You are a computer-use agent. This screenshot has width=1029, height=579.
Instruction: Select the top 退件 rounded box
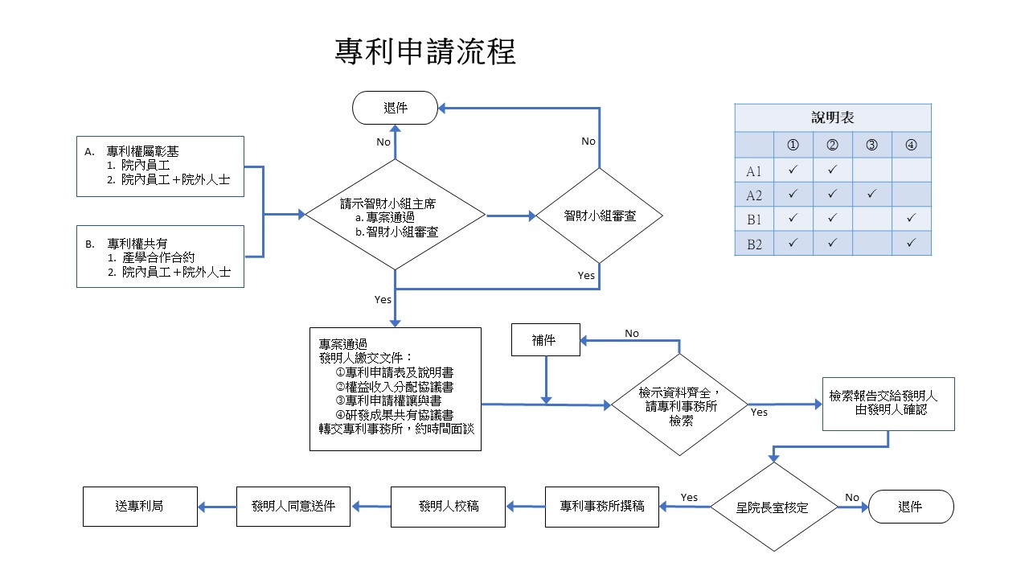[396, 108]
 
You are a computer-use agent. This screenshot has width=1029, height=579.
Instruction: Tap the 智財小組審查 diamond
[599, 216]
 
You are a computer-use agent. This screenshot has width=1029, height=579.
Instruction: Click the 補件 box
[545, 339]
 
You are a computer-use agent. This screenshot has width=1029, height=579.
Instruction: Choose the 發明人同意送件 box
[293, 507]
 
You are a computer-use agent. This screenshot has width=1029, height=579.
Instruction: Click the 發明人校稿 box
[448, 507]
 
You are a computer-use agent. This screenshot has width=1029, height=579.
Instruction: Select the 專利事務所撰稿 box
[601, 507]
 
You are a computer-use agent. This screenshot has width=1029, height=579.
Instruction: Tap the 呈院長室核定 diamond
[773, 507]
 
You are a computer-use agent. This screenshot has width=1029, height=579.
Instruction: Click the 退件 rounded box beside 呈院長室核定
[911, 507]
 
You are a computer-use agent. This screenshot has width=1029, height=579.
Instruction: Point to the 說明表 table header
[833, 117]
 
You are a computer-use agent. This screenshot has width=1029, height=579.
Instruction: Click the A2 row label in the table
[754, 195]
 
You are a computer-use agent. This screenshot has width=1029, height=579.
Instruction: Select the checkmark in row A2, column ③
[872, 195]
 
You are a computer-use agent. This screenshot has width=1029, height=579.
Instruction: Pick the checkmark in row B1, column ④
[911, 219]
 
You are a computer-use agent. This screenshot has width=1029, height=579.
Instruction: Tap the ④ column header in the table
[911, 146]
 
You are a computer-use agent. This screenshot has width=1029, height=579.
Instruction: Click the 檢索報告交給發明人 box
[888, 404]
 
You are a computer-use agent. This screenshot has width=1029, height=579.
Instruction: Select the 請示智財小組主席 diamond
[395, 216]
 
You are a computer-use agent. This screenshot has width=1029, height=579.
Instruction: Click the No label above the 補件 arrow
[632, 333]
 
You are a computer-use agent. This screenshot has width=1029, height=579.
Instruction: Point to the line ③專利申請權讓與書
[394, 400]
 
